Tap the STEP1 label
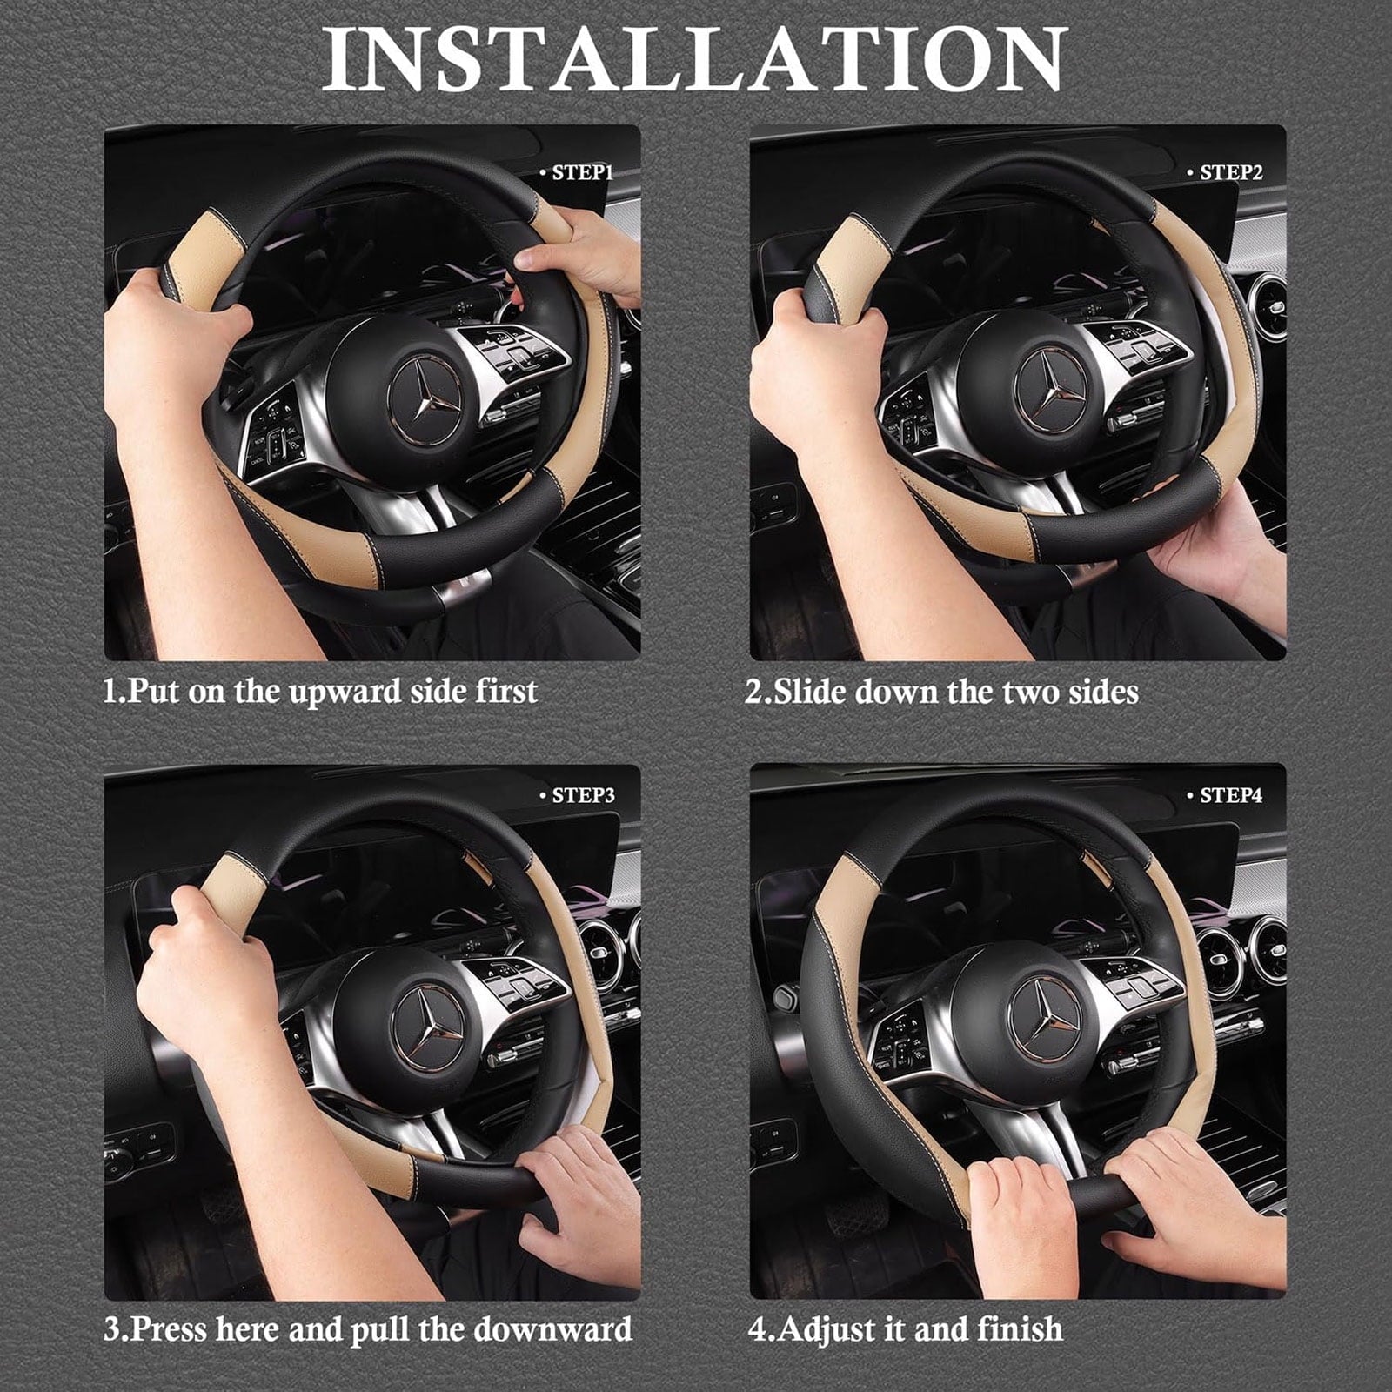coord(582,173)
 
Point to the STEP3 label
coord(582,796)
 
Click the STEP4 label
coord(1229,796)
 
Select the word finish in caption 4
coord(1020,1329)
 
